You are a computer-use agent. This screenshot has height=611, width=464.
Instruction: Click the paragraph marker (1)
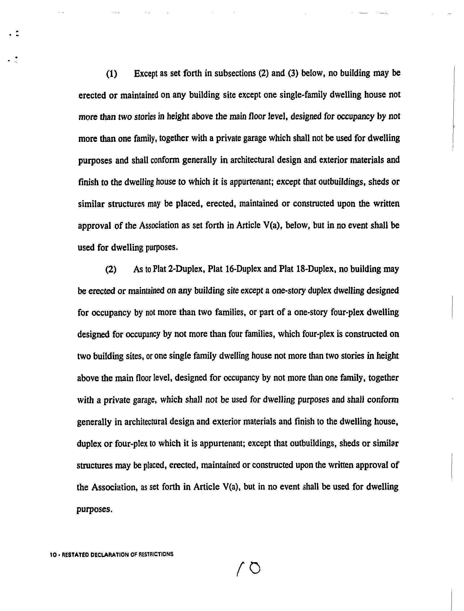tap(112, 74)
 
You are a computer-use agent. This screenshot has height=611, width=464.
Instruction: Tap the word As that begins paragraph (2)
tap(138, 269)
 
